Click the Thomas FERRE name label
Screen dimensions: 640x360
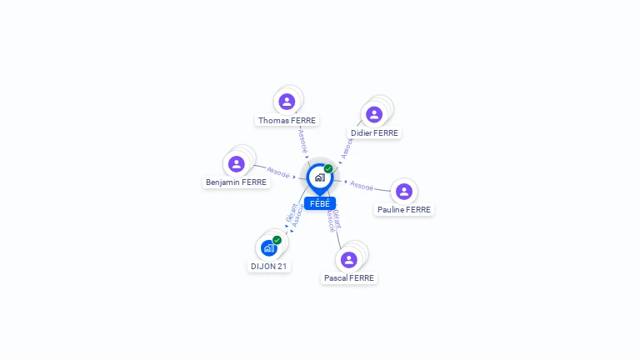(x=287, y=120)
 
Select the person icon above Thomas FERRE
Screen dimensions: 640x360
(x=287, y=102)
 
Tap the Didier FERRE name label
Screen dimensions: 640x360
(x=374, y=132)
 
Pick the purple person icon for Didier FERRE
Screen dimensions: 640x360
(x=374, y=114)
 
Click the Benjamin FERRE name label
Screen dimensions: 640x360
(x=237, y=182)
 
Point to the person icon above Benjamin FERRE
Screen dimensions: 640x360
(x=237, y=163)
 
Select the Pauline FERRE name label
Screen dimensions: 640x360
(x=404, y=210)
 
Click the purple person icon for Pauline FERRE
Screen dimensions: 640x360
(x=404, y=192)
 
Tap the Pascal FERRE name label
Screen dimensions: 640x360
(x=349, y=277)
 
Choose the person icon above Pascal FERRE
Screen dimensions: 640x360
(x=349, y=259)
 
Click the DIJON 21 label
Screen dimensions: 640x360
(x=269, y=267)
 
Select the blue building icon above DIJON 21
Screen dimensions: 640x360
(x=268, y=248)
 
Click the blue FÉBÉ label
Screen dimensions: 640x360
(x=320, y=203)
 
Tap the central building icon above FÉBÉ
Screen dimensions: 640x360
(x=319, y=177)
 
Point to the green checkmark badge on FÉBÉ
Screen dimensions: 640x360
(x=328, y=169)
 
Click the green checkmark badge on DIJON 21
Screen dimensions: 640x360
(x=277, y=240)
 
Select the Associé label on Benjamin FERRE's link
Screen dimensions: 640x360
(x=278, y=174)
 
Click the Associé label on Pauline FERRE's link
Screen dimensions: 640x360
(x=362, y=185)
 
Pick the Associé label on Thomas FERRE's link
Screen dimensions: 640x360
(x=303, y=141)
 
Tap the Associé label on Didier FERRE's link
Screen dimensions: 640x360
(x=347, y=147)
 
